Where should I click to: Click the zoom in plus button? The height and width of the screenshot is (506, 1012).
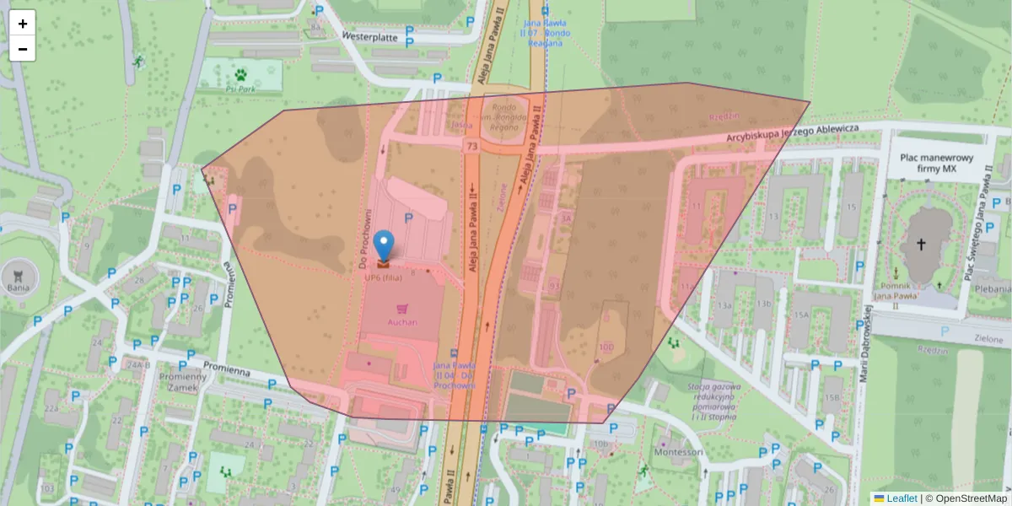pos(23,24)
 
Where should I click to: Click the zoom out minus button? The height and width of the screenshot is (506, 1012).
pos(23,49)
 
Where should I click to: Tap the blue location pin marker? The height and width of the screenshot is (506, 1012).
pos(384,246)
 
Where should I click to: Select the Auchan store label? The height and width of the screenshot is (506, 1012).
pos(402,322)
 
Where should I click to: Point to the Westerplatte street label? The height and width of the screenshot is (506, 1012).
pos(370,36)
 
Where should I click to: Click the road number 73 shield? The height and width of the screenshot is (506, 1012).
pos(471,147)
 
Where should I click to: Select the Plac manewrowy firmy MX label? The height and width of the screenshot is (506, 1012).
pos(937,164)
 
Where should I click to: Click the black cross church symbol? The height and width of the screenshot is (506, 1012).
pos(921,245)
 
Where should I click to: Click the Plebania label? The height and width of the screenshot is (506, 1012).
pos(992,288)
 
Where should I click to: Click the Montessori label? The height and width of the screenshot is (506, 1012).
pos(678,452)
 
